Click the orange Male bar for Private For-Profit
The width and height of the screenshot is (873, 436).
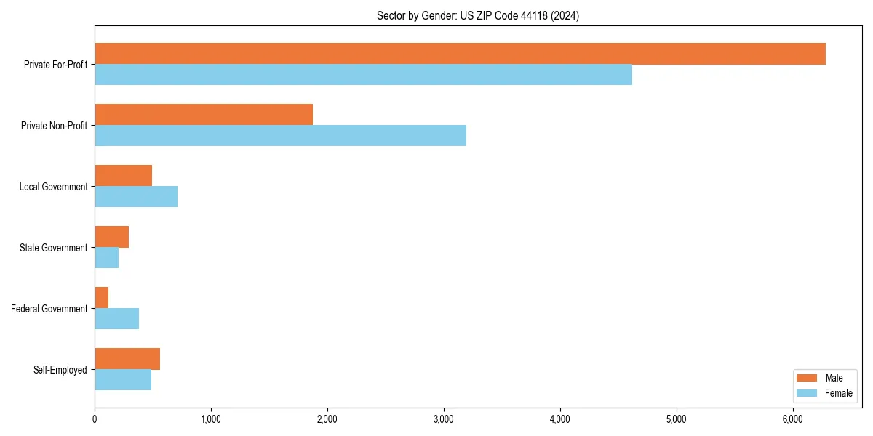coord(460,54)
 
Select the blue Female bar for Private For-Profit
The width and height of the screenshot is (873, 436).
coord(363,75)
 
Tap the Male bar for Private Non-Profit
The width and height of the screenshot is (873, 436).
coord(204,115)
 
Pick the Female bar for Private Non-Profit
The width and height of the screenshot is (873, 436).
coord(280,136)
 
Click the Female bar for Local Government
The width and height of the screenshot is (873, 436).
coord(136,197)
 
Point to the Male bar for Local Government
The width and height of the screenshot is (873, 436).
coord(123,176)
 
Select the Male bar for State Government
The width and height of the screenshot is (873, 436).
coord(111,237)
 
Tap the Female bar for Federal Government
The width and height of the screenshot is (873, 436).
coord(116,319)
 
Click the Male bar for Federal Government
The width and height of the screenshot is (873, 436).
coord(101,298)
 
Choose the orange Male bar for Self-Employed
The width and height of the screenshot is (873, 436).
coord(127,359)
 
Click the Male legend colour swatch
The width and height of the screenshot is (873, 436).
coord(808,378)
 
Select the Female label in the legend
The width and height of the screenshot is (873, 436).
coord(839,393)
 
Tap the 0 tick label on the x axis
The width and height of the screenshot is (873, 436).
coord(95,419)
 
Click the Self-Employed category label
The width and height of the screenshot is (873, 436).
coord(60,370)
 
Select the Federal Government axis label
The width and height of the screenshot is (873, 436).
coord(49,309)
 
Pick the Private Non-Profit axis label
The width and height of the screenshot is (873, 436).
coord(54,126)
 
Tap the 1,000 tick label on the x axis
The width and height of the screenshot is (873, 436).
coord(211,419)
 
